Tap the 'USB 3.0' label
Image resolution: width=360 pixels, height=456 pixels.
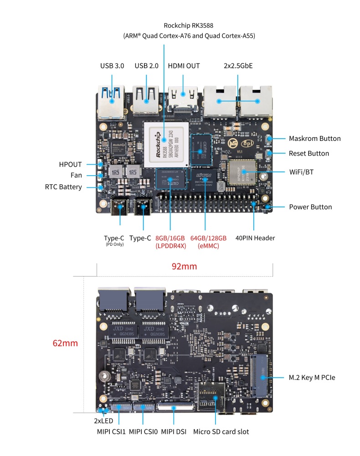112,66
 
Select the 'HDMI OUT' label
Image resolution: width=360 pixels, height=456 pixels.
184,66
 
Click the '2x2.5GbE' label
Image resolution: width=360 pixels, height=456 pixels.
238,66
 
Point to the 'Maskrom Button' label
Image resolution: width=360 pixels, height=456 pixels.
314,139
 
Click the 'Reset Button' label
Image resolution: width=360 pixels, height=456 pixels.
309,154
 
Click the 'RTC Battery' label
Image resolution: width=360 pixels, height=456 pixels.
63,187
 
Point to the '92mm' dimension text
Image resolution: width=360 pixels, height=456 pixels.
184,266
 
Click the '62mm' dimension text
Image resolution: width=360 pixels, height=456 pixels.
65,343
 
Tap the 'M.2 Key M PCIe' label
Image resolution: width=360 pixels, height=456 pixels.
312,378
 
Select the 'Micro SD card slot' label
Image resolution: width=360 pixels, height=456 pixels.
221,431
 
